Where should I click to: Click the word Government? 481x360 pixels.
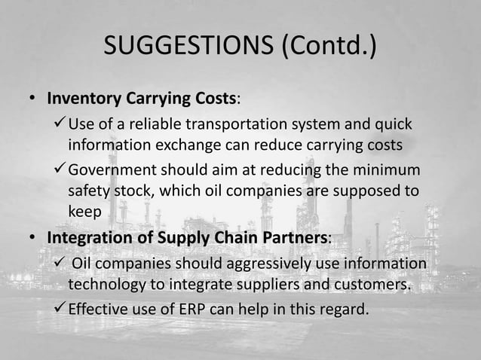click(113, 172)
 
